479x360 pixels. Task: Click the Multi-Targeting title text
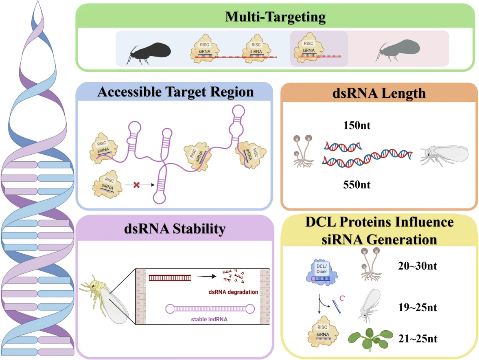click(275, 17)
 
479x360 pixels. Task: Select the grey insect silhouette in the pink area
click(398, 50)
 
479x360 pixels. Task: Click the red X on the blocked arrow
click(137, 185)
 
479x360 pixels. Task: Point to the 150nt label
click(357, 125)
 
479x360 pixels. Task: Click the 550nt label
click(357, 184)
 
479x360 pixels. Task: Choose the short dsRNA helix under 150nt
click(343, 147)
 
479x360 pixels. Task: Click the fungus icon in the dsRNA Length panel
click(303, 151)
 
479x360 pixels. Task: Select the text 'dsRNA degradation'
click(233, 292)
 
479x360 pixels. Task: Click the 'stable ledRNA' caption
click(209, 319)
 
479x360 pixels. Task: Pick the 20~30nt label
click(417, 266)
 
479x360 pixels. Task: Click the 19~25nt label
click(417, 307)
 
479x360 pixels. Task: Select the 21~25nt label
click(418, 338)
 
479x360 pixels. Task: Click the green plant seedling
click(370, 338)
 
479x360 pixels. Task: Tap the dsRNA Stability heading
click(175, 228)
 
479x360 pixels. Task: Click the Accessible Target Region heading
click(175, 92)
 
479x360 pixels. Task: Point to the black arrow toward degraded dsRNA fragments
click(206, 276)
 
